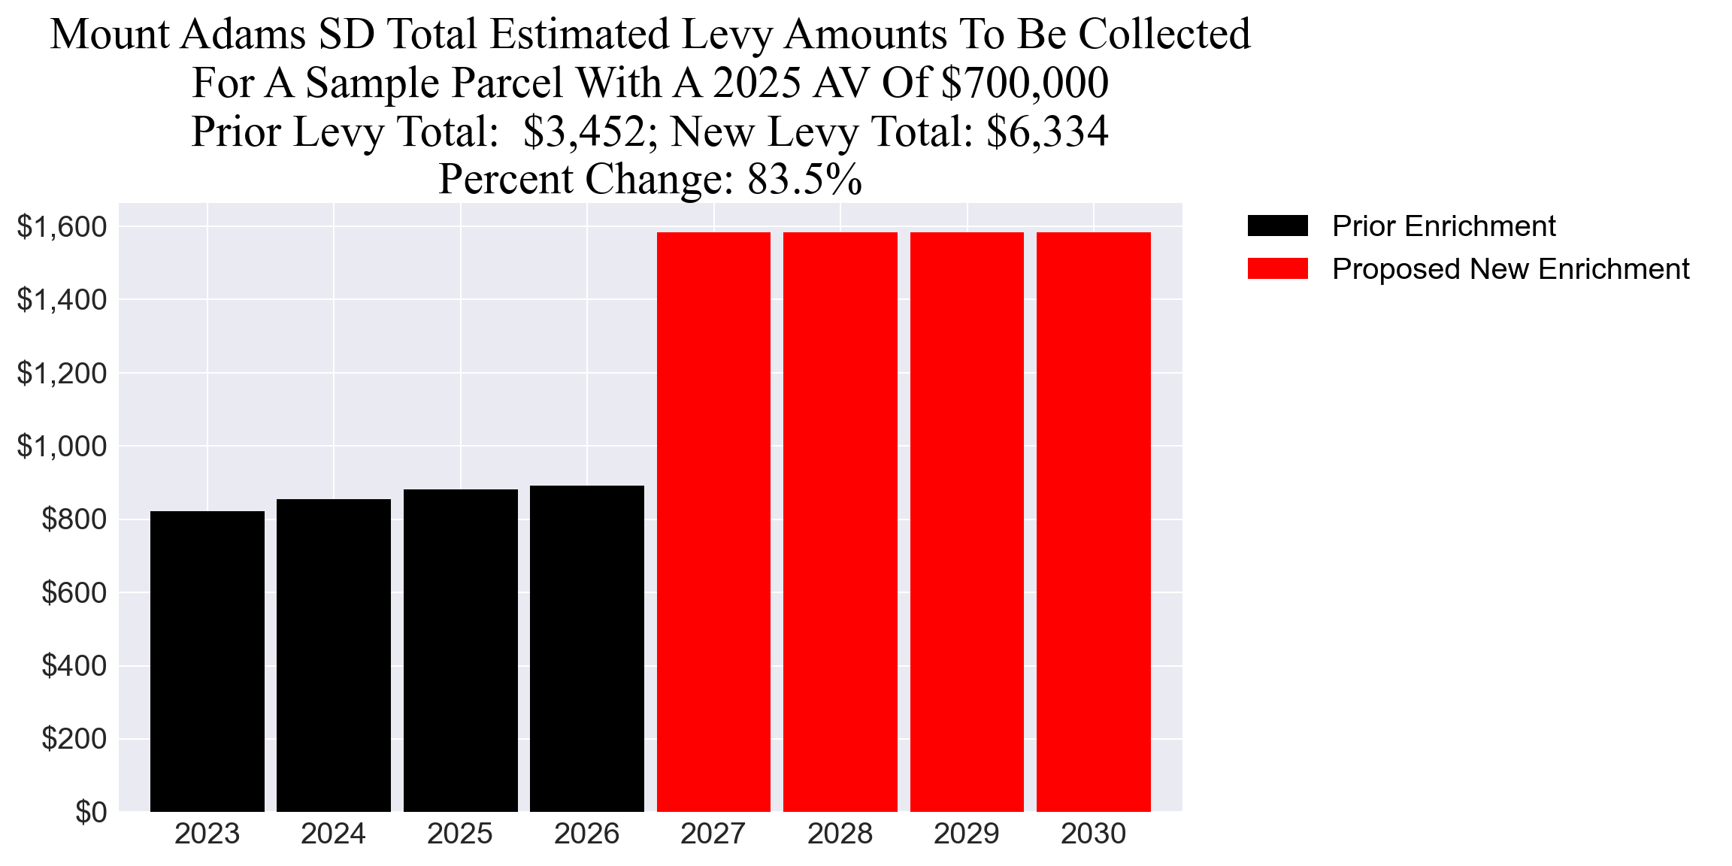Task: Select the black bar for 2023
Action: click(x=207, y=662)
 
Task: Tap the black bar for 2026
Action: click(x=587, y=649)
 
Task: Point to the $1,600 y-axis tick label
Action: click(x=62, y=226)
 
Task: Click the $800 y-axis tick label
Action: click(x=74, y=519)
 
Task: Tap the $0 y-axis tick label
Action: click(x=91, y=812)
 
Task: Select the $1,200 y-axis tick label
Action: click(x=62, y=373)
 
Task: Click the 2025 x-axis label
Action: click(x=460, y=834)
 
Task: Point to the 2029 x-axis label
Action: click(x=967, y=834)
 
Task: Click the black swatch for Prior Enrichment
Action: click(x=1277, y=226)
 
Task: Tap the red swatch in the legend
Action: click(x=1277, y=268)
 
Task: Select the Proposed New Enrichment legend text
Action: click(x=1510, y=268)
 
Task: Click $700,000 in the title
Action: click(x=1025, y=83)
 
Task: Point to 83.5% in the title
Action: click(x=804, y=179)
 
